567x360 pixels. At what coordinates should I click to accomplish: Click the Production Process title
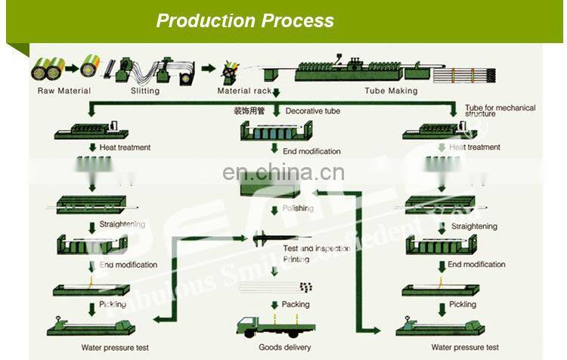[245, 20]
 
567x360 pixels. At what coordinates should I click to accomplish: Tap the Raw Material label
[64, 91]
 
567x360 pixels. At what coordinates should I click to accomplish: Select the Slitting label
[144, 91]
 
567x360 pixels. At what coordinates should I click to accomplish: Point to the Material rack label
[244, 91]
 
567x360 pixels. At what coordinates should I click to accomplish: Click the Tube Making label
[391, 91]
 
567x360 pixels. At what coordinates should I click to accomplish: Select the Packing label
[296, 305]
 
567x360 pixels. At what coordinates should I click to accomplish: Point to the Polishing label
[297, 208]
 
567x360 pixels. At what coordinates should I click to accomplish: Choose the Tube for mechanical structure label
[500, 110]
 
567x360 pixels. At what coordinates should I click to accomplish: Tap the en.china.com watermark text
[282, 173]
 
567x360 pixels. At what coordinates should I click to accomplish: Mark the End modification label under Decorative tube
[306, 151]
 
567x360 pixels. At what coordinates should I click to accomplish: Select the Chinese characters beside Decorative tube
[249, 111]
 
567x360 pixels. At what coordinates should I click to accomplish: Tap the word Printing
[296, 259]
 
